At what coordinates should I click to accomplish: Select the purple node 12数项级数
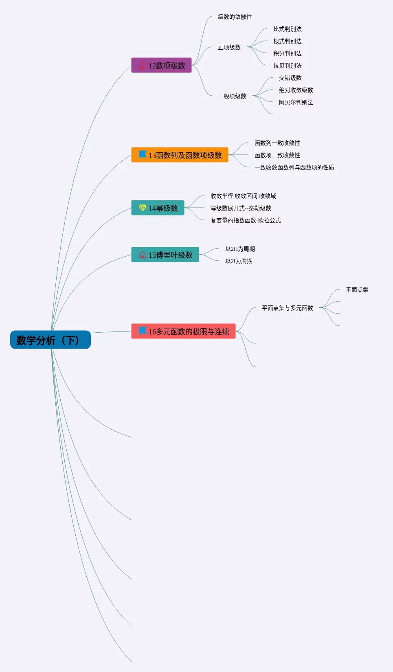pyautogui.click(x=161, y=65)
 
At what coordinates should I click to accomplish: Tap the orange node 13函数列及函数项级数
pyautogui.click(x=180, y=155)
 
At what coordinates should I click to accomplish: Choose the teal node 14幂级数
pyautogui.click(x=158, y=208)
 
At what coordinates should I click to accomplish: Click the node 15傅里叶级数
pyautogui.click(x=165, y=255)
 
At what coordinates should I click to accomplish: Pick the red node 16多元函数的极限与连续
pyautogui.click(x=183, y=331)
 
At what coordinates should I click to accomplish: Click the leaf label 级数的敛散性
pyautogui.click(x=235, y=17)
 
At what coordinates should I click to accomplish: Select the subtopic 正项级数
pyautogui.click(x=229, y=47)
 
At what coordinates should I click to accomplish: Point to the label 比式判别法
pyautogui.click(x=287, y=29)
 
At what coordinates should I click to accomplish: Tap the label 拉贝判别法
pyautogui.click(x=287, y=66)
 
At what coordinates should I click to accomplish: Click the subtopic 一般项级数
pyautogui.click(x=232, y=96)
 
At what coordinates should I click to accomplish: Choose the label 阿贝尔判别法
pyautogui.click(x=296, y=102)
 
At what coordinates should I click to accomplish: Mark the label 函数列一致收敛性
pyautogui.click(x=277, y=143)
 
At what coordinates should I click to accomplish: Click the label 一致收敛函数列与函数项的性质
pyautogui.click(x=294, y=167)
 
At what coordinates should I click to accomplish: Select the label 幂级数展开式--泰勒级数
pyautogui.click(x=241, y=208)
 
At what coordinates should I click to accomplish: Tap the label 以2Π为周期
pyautogui.click(x=240, y=249)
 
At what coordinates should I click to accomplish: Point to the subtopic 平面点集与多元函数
pyautogui.click(x=287, y=308)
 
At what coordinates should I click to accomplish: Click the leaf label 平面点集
pyautogui.click(x=357, y=290)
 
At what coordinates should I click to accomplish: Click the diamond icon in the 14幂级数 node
pyautogui.click(x=143, y=208)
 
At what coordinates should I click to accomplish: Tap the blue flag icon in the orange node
pyautogui.click(x=143, y=154)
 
